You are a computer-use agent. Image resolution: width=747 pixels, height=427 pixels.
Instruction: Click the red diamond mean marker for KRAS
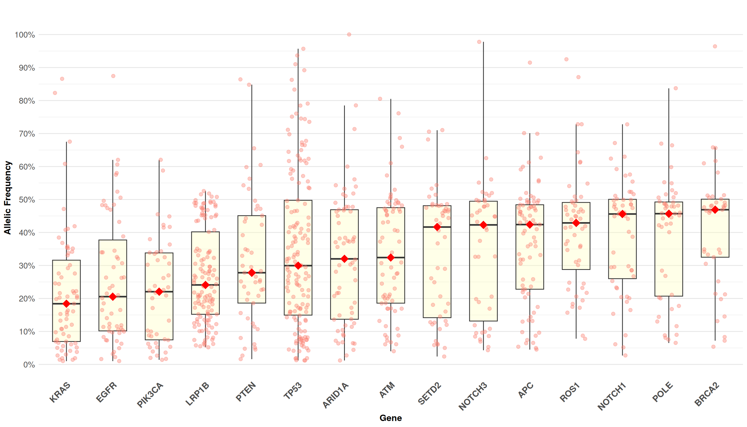[x=66, y=304]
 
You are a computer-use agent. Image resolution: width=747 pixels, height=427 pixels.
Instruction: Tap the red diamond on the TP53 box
[x=298, y=265]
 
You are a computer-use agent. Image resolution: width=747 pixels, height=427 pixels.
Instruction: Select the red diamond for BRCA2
[x=715, y=210]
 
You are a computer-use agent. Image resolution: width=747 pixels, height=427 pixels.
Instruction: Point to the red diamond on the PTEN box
[x=252, y=273]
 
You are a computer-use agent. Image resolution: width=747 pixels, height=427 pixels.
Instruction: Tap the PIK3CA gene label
[x=150, y=395]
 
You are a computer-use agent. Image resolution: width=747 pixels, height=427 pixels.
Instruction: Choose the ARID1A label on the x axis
[x=336, y=395]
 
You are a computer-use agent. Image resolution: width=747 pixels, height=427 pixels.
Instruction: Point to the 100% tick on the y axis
[x=25, y=35]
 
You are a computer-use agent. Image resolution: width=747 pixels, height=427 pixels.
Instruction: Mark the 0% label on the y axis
[x=29, y=365]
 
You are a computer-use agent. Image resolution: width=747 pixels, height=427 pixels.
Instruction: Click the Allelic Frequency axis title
[x=7, y=197]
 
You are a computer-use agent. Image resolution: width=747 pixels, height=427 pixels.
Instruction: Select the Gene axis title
[x=390, y=418]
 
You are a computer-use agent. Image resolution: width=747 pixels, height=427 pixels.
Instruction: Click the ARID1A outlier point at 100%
[x=349, y=34]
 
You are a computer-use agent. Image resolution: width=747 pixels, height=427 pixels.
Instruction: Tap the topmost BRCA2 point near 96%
[x=715, y=46]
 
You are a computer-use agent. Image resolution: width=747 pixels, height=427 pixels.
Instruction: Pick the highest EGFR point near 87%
[x=113, y=76]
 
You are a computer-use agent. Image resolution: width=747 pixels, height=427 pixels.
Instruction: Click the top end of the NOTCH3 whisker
[x=484, y=42]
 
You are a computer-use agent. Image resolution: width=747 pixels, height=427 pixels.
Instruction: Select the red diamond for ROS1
[x=576, y=223]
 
